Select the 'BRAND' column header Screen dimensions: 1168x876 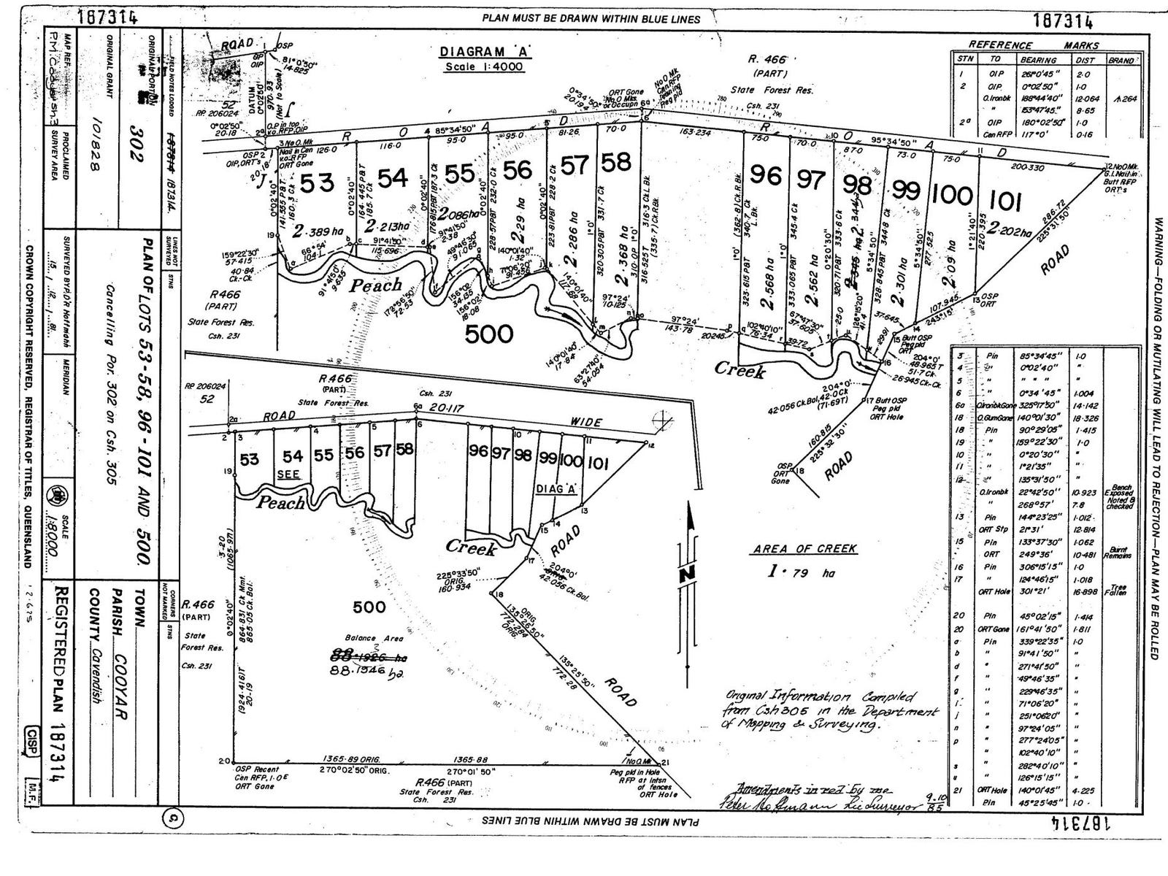pos(1120,61)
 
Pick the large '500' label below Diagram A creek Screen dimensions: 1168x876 pos(488,334)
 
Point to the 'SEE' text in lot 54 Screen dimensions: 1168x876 pos(289,474)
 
